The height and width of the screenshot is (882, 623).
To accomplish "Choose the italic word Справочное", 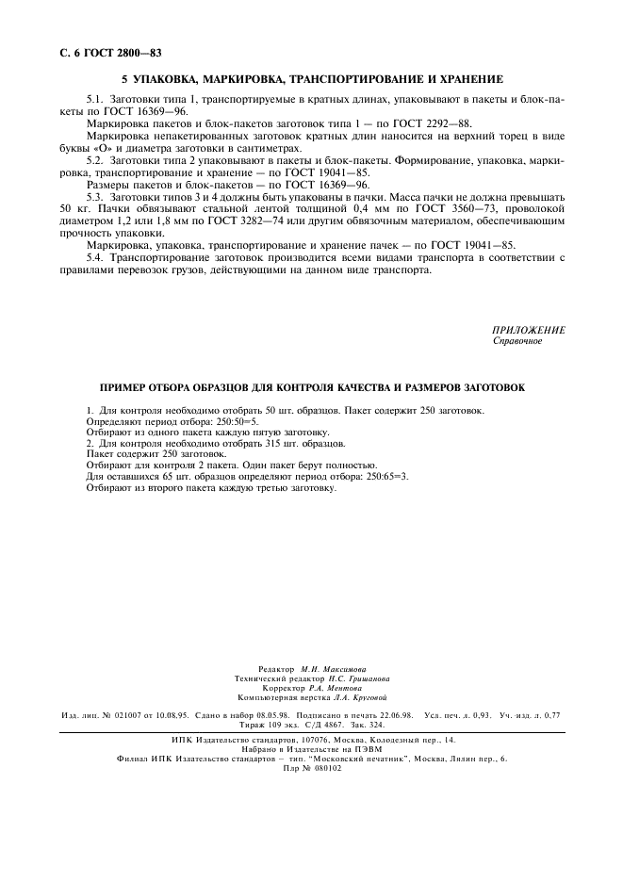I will pos(517,341).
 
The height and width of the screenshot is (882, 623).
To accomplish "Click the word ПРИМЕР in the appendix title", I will pos(129,387).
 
